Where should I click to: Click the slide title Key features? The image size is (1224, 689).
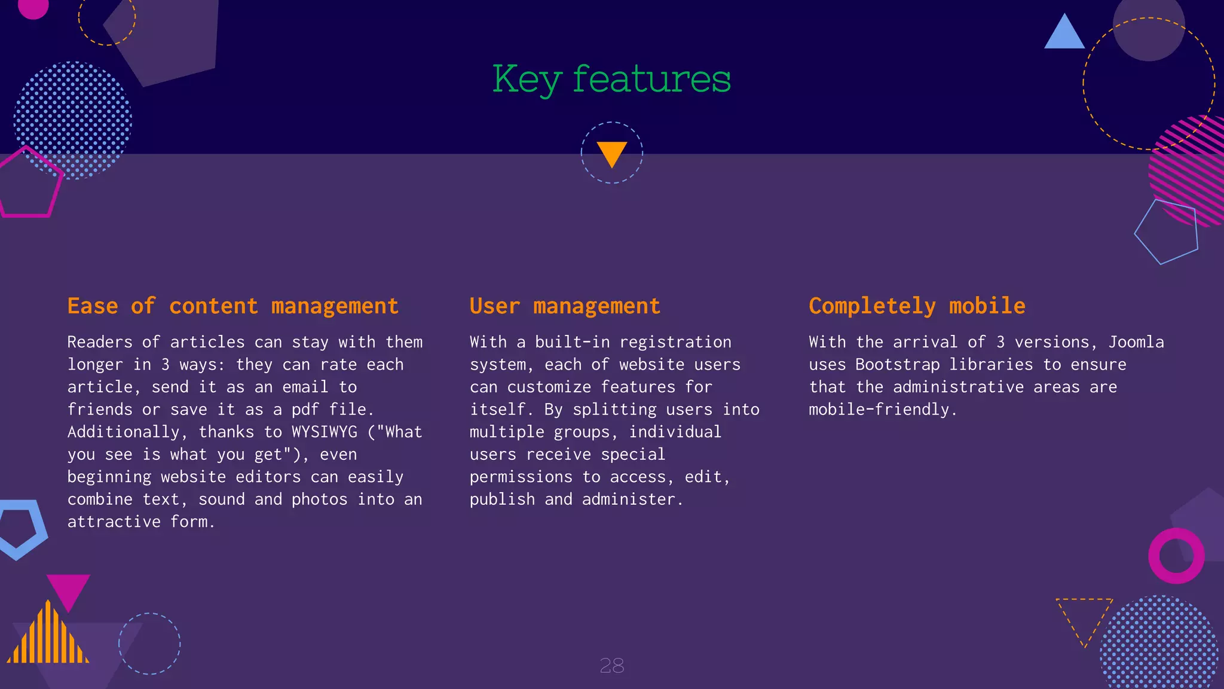pyautogui.click(x=611, y=79)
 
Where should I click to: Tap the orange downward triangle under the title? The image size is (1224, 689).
pyautogui.click(x=611, y=153)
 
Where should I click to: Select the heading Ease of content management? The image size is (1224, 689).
pyautogui.click(x=232, y=306)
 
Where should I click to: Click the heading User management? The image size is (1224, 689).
pyautogui.click(x=565, y=306)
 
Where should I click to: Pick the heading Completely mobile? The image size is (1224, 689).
pyautogui.click(x=917, y=306)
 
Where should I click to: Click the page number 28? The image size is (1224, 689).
pyautogui.click(x=611, y=665)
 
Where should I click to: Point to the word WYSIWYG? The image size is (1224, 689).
pyautogui.click(x=324, y=432)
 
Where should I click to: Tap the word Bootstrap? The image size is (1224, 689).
pyautogui.click(x=897, y=365)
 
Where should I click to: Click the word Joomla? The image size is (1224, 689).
pyautogui.click(x=1136, y=342)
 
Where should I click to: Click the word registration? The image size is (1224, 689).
pyautogui.click(x=675, y=342)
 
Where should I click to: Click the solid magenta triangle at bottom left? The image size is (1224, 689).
pyautogui.click(x=68, y=589)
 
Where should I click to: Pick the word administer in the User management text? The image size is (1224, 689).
pyautogui.click(x=629, y=499)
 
